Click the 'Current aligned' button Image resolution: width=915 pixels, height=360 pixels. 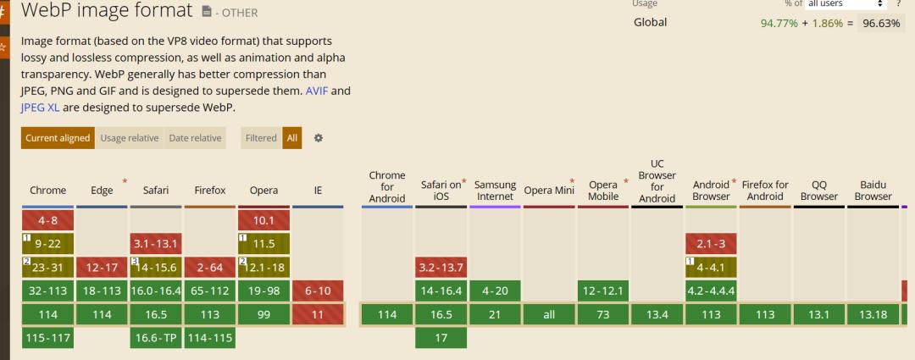[x=58, y=138]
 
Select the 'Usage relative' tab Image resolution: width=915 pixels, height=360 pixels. [x=130, y=138]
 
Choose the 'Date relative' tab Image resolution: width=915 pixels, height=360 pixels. [x=195, y=138]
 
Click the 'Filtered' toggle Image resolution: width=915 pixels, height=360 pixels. [x=260, y=138]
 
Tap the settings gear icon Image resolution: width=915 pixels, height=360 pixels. [x=319, y=138]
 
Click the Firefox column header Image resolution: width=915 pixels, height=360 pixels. [x=209, y=191]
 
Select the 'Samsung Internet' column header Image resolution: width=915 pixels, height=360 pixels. [x=496, y=191]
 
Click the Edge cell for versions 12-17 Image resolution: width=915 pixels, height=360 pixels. [x=102, y=268]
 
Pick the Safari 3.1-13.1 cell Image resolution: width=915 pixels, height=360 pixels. [x=155, y=245]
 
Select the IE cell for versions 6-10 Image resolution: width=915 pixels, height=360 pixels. [x=318, y=291]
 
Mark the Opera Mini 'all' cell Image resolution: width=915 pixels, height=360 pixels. [x=549, y=314]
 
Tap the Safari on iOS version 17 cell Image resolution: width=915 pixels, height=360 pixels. [x=441, y=337]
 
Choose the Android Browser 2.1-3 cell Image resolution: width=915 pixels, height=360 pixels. [x=711, y=245]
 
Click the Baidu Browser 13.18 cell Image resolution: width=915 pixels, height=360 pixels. [x=873, y=314]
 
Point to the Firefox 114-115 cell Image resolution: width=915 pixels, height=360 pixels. [x=209, y=337]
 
